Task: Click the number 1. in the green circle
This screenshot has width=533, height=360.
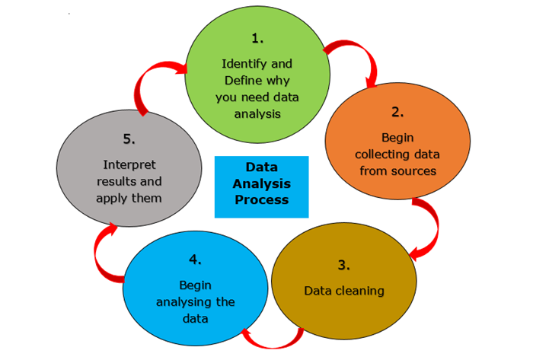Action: tap(257, 37)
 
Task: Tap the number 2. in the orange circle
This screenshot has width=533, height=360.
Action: tap(397, 112)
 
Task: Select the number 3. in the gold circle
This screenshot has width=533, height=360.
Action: tap(343, 265)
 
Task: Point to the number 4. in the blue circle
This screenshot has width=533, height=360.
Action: tap(195, 260)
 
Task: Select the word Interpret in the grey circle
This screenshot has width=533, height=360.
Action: tap(128, 164)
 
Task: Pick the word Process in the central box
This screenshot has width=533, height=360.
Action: tap(261, 200)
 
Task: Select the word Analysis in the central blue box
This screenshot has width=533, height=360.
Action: tap(262, 183)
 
